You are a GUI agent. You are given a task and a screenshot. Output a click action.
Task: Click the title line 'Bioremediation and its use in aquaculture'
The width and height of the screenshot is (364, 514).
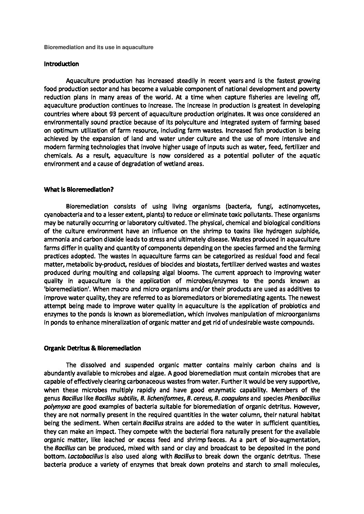tap(98, 47)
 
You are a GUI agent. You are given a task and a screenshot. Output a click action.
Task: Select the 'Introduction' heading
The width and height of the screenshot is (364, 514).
tap(62, 64)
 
